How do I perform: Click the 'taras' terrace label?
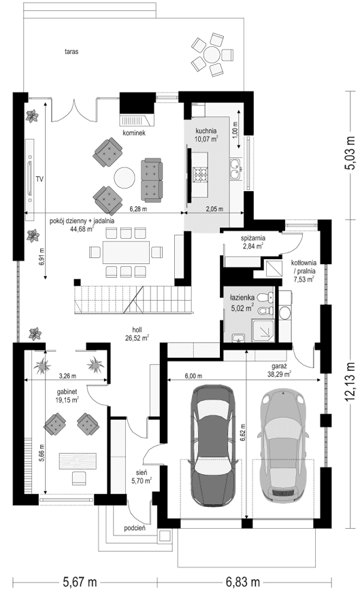click(x=69, y=51)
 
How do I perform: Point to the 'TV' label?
click(x=40, y=179)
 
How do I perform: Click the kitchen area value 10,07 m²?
click(x=206, y=138)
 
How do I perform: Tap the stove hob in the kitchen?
click(x=201, y=174)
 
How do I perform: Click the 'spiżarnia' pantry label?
click(x=252, y=238)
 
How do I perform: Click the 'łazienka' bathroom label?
click(x=242, y=297)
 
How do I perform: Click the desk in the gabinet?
click(x=75, y=460)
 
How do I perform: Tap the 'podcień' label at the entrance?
click(x=135, y=528)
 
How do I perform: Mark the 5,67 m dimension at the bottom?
click(x=80, y=581)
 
